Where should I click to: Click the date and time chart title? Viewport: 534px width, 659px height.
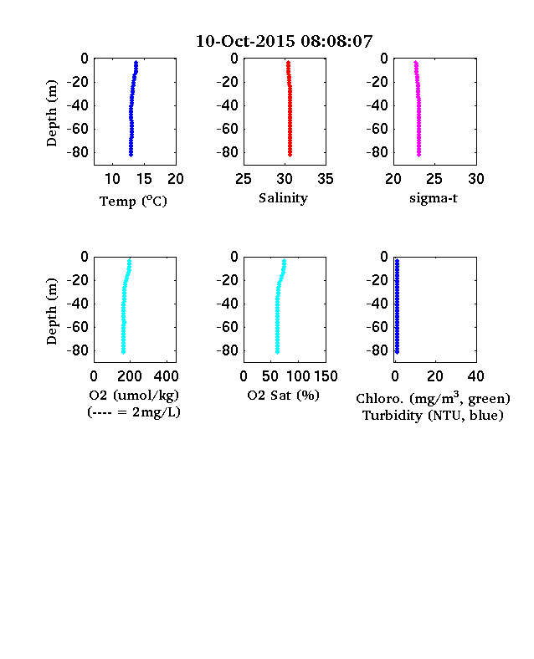tap(285, 41)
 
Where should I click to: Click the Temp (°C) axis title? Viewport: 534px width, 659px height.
tap(133, 202)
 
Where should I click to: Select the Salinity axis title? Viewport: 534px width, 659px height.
tap(283, 198)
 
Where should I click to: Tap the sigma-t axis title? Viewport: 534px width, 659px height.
tap(434, 198)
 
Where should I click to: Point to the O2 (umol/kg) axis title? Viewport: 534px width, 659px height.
tap(134, 396)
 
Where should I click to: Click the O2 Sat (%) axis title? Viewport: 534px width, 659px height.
tap(284, 395)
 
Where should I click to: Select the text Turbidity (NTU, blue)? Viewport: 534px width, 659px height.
tap(433, 416)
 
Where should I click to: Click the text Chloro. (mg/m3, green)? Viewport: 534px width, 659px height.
tap(433, 398)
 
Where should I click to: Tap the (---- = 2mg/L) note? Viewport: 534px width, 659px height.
tap(134, 412)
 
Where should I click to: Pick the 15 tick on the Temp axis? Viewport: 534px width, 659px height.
tap(144, 179)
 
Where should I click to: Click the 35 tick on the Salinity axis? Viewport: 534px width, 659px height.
tap(326, 179)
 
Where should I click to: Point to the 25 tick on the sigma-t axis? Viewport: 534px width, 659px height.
tap(434, 179)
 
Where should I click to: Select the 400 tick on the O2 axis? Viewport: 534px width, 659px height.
tap(166, 376)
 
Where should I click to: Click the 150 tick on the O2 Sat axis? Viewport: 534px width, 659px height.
tap(326, 376)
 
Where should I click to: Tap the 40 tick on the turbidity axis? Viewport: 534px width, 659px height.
tap(475, 376)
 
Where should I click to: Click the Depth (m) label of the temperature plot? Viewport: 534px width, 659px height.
tap(51, 113)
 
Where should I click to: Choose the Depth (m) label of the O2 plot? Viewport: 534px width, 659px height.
tap(51, 311)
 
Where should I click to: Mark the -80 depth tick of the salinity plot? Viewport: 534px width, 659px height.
tap(227, 152)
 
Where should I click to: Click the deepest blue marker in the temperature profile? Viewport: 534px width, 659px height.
tap(131, 155)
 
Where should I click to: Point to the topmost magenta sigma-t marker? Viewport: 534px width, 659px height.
tap(416, 63)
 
